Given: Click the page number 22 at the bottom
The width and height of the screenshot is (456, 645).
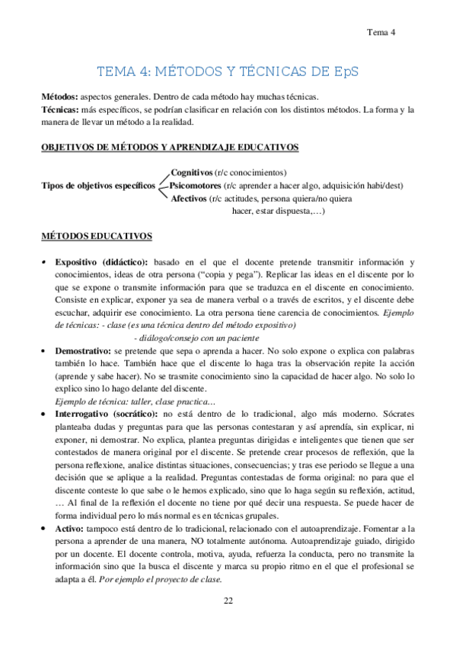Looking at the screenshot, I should pyautogui.click(x=228, y=601).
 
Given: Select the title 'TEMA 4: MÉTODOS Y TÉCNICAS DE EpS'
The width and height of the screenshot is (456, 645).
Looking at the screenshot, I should pyautogui.click(x=228, y=72).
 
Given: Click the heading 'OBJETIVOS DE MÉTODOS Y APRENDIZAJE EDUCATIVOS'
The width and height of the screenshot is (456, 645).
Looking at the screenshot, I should pyautogui.click(x=169, y=147).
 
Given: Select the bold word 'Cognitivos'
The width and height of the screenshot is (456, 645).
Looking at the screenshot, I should pyautogui.click(x=192, y=173).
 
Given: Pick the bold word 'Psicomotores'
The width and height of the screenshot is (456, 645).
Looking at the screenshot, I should pyautogui.click(x=196, y=186).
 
